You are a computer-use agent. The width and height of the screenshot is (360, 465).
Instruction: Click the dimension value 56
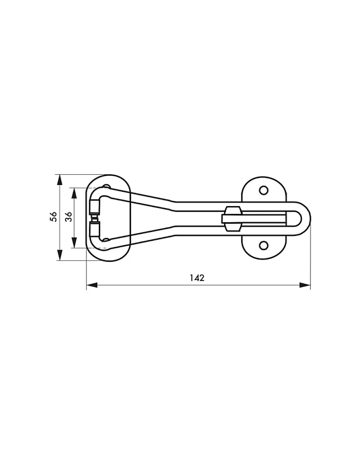tap(54, 217)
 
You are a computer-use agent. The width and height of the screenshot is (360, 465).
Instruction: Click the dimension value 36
tap(69, 217)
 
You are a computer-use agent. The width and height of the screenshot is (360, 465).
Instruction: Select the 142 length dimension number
tap(197, 278)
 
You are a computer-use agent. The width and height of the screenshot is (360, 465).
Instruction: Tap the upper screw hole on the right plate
tap(263, 190)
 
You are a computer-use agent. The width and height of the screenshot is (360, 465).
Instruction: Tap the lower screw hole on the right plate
tap(263, 245)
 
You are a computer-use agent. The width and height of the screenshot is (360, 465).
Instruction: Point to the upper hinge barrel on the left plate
tap(94, 207)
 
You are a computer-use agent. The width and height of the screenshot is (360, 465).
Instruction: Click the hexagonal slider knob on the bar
tap(233, 219)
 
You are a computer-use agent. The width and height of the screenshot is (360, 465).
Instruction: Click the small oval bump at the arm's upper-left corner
tap(106, 187)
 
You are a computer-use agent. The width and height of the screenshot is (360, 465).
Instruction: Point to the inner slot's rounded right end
tap(296, 219)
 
